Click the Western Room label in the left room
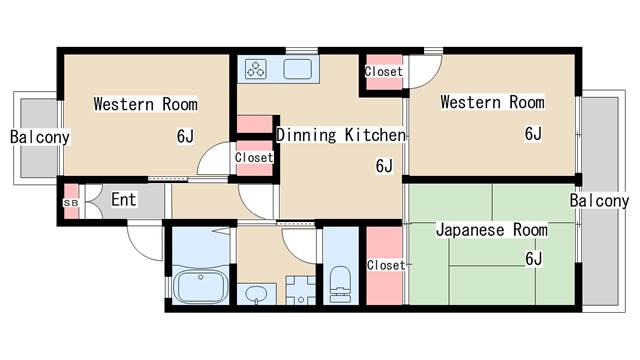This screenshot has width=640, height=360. [x=145, y=104]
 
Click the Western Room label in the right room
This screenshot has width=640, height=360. [x=492, y=102]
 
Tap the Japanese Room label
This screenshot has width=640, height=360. [x=491, y=231]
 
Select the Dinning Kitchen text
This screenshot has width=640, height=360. [x=341, y=135]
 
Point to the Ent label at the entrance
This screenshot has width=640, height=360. [x=123, y=200]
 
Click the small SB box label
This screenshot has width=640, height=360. [x=70, y=203]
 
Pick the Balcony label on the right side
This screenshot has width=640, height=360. [x=599, y=201]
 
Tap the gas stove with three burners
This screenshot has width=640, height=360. [x=257, y=69]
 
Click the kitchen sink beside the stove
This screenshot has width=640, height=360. [x=301, y=69]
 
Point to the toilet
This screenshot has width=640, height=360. [x=340, y=279]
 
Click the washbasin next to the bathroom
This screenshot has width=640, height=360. [x=257, y=294]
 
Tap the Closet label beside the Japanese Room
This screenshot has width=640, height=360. [x=385, y=266]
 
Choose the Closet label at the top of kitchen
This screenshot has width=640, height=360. [x=384, y=72]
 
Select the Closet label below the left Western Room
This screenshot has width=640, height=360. [x=254, y=158]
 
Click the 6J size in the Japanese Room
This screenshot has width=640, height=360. [x=533, y=260]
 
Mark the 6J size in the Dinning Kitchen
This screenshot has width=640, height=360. [x=384, y=166]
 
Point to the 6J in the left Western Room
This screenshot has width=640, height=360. [x=185, y=136]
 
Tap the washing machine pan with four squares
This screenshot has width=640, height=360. [x=300, y=291]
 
